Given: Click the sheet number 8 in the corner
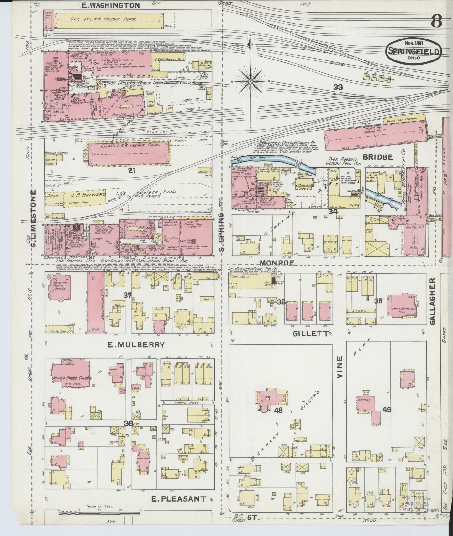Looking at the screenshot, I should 436,21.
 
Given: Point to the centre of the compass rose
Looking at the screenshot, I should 250,81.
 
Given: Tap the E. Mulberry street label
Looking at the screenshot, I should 136,344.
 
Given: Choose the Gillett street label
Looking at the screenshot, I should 310,334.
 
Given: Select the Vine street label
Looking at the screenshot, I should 340,367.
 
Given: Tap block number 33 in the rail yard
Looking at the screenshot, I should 338,87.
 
